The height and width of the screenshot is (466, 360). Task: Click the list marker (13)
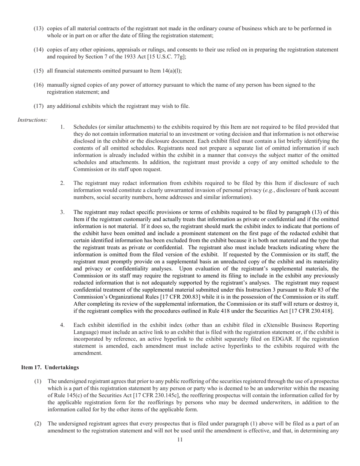pyautogui.click(x=39, y=28)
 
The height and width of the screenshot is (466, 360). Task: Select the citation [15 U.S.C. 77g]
pyautogui.click(x=168, y=57)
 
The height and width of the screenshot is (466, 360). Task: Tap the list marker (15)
pyautogui.click(x=39, y=71)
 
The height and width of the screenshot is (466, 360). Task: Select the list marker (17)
pyautogui.click(x=39, y=106)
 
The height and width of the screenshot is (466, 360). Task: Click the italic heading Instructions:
pyautogui.click(x=33, y=120)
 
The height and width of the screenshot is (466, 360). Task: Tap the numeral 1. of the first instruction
pyautogui.click(x=63, y=127)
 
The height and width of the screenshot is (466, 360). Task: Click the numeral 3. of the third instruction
pyautogui.click(x=63, y=212)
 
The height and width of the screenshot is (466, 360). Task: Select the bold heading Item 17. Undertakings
pyautogui.click(x=50, y=367)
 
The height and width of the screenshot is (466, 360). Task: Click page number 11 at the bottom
pyautogui.click(x=180, y=440)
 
